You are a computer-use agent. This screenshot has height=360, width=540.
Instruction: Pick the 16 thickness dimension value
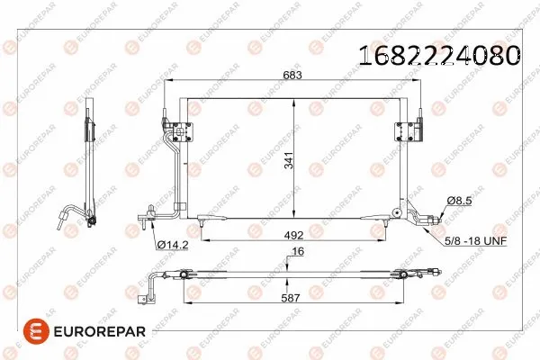pyautogui.click(x=294, y=255)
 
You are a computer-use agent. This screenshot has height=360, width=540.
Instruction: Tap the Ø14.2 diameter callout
pyautogui.click(x=172, y=244)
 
